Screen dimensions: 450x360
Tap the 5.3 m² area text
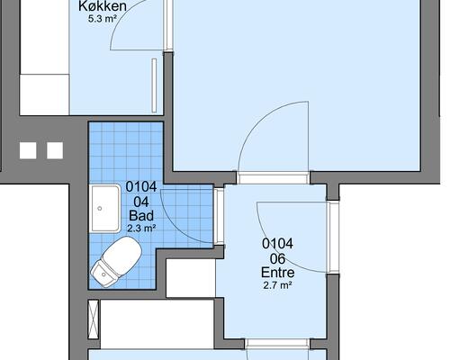[x=103, y=19]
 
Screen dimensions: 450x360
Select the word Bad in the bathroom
[x=141, y=215]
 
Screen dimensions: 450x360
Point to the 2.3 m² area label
[x=141, y=229]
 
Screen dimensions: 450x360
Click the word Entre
[x=278, y=273]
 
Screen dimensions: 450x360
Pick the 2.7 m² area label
[x=278, y=285]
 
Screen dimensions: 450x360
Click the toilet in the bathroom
[x=116, y=262]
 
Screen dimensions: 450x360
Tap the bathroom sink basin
[x=105, y=209]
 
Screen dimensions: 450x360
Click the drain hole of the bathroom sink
[x=100, y=208]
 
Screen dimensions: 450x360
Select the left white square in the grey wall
[x=28, y=150]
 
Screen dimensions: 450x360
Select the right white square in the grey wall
[x=55, y=150]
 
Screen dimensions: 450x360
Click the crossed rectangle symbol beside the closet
[x=94, y=319]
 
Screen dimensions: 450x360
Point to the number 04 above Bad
[x=141, y=202]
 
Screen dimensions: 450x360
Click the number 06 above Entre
[x=278, y=258]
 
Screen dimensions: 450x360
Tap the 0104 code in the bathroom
[x=141, y=186]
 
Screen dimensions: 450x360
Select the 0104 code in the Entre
[x=278, y=244]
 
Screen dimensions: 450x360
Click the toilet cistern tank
[x=103, y=274]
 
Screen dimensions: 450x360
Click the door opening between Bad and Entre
[x=220, y=216]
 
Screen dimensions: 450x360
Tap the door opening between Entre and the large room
[x=273, y=178]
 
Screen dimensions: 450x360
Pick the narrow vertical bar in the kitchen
[x=154, y=85]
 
